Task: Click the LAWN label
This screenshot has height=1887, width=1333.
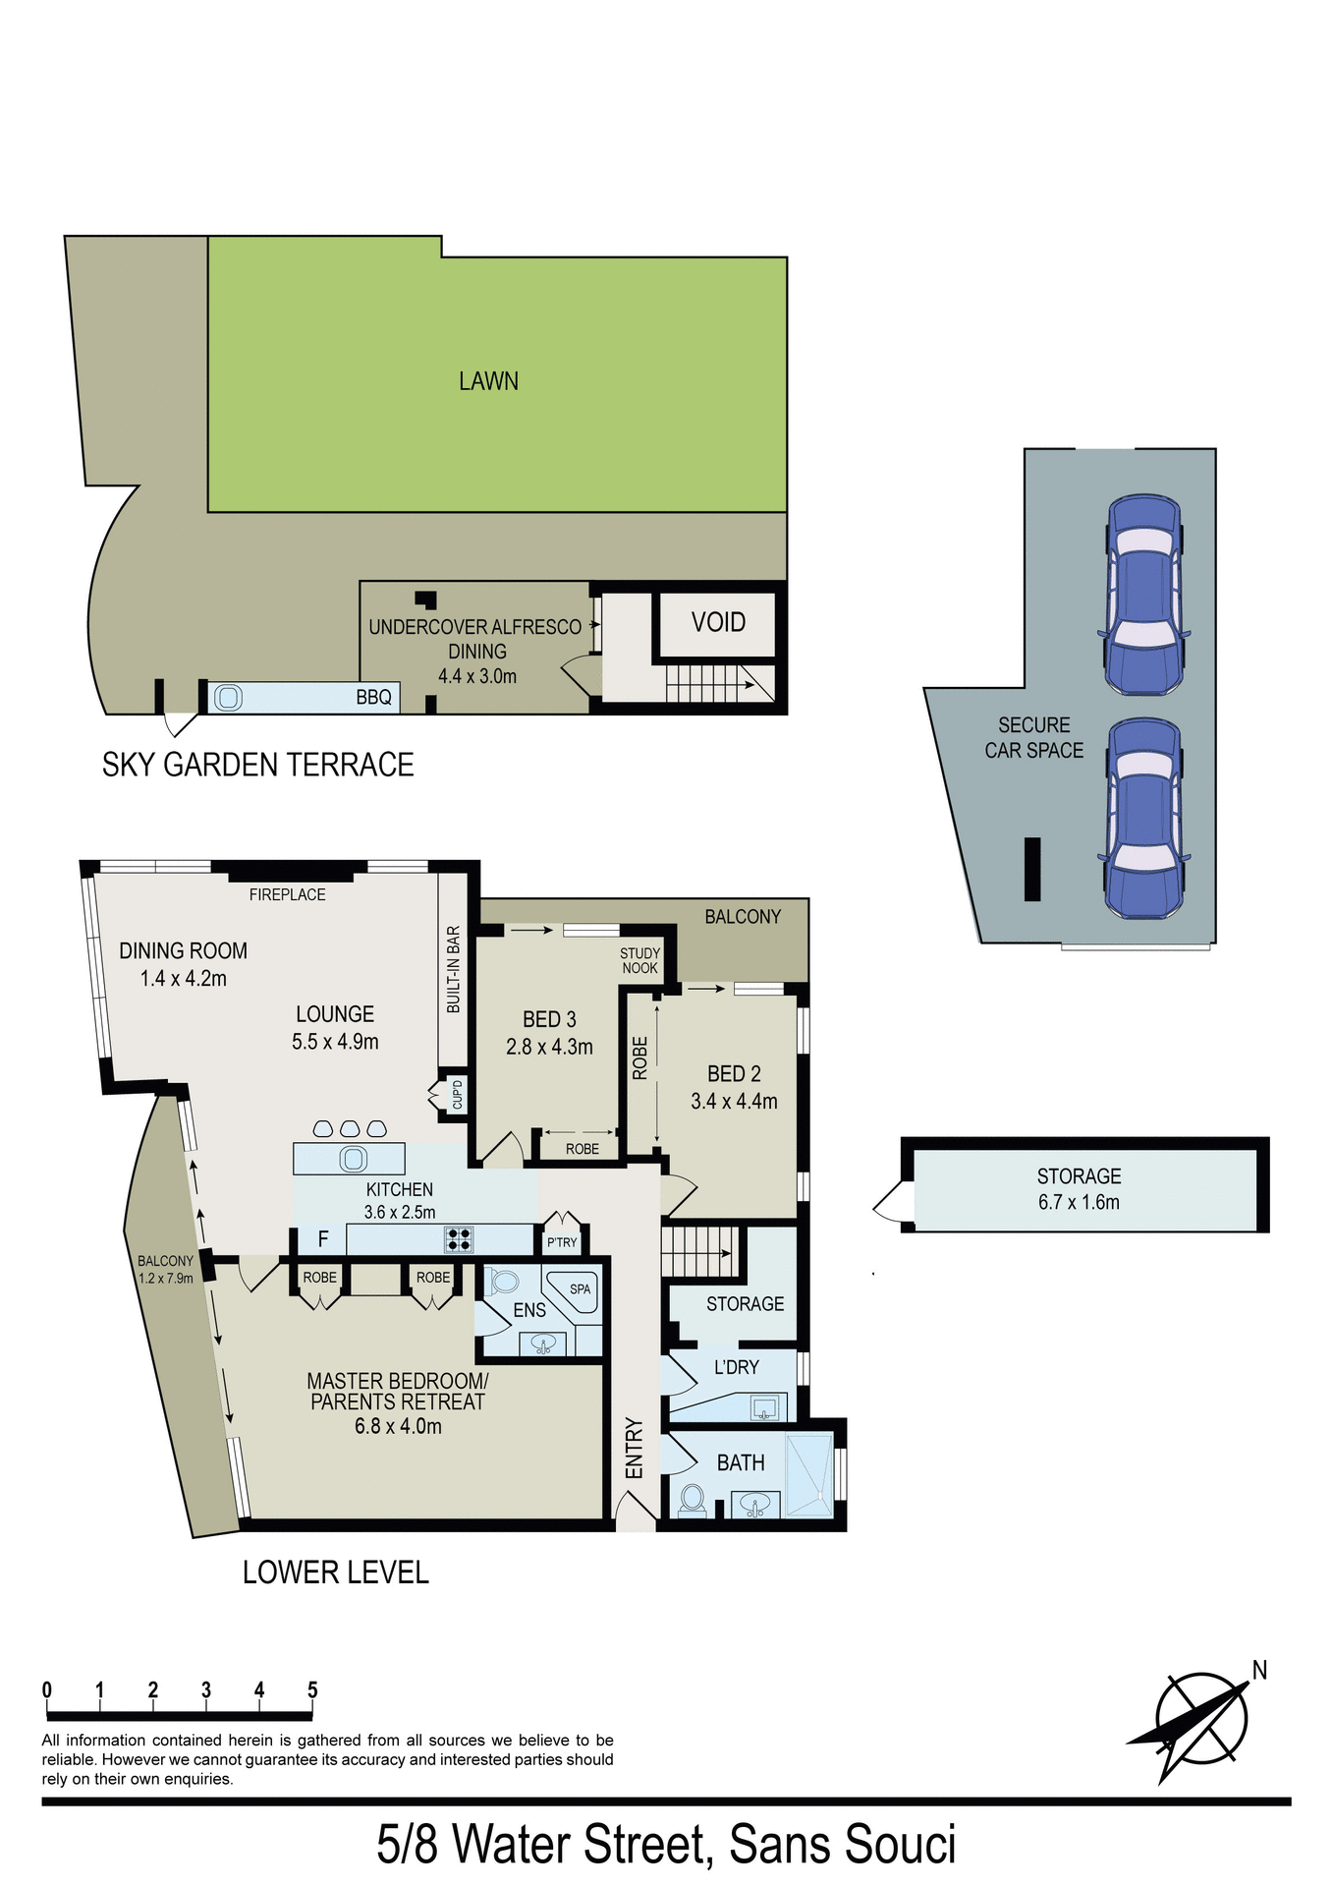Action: coord(488,381)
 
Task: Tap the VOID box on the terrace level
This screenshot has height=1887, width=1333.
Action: coord(718,623)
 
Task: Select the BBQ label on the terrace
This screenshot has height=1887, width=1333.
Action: coord(373,698)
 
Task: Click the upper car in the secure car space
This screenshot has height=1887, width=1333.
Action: coord(1143,596)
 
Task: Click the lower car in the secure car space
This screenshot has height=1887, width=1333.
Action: coord(1143,819)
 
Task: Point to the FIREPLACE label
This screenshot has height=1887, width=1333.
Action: coord(287,894)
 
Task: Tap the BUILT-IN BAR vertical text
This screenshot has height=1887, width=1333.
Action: coord(453,969)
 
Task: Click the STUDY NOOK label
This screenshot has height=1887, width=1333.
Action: coord(639,961)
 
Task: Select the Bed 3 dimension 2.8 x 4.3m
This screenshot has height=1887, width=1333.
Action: coord(549,1048)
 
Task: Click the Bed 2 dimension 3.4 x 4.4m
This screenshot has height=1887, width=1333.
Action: coord(734,1102)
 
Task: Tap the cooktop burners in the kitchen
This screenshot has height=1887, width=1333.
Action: coord(459,1239)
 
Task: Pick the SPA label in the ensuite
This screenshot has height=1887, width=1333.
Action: coord(580,1289)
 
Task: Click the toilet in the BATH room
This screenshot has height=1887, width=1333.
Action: coord(693,1500)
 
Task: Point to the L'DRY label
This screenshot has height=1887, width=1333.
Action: coord(736,1367)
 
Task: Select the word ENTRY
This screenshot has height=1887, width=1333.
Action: coord(635,1448)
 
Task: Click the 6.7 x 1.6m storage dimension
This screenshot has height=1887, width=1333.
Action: coord(1079,1202)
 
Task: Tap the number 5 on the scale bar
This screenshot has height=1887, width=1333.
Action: coord(312,1690)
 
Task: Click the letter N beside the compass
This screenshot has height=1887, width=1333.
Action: coord(1259,1671)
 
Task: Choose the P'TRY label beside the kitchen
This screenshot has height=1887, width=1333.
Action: coord(562,1243)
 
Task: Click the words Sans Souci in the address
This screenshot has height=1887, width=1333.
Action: coord(842,1845)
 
